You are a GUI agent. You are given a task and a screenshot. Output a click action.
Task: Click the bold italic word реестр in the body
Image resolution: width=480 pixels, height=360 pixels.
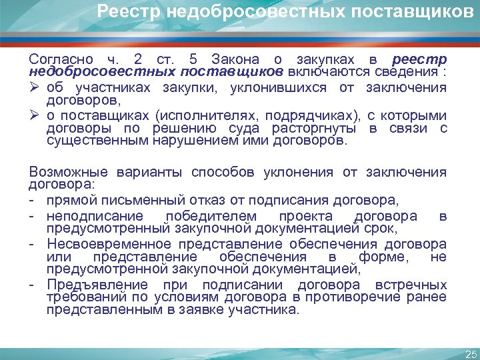click(x=420, y=59)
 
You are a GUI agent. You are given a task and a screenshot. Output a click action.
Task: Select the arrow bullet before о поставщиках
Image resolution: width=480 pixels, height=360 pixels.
click(x=35, y=115)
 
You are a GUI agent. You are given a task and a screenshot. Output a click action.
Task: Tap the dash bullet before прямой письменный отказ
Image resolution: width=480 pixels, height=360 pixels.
click(x=33, y=199)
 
